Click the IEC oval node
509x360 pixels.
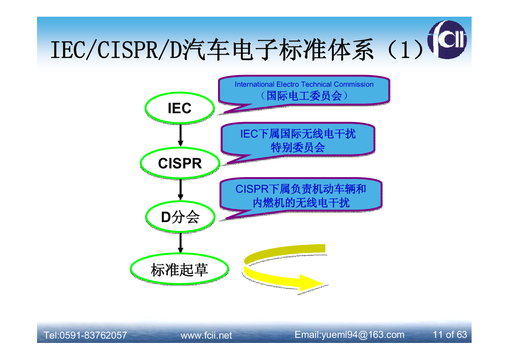180,108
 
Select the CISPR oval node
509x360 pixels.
180,163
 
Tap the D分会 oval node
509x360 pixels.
180,217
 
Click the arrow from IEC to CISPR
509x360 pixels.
180,135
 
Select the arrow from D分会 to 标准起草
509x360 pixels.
180,243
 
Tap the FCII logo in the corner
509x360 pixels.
447,40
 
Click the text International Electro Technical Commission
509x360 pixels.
304,84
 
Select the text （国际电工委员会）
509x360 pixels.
304,96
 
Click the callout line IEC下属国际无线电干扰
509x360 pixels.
298,134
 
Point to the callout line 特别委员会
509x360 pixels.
298,147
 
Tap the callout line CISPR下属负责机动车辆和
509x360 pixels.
301,189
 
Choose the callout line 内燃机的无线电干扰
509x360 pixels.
301,203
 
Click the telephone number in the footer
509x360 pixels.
85,335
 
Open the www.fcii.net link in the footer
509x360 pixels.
206,335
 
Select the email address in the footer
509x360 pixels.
349,335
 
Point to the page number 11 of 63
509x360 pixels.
450,335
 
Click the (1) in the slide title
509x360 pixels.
406,50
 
